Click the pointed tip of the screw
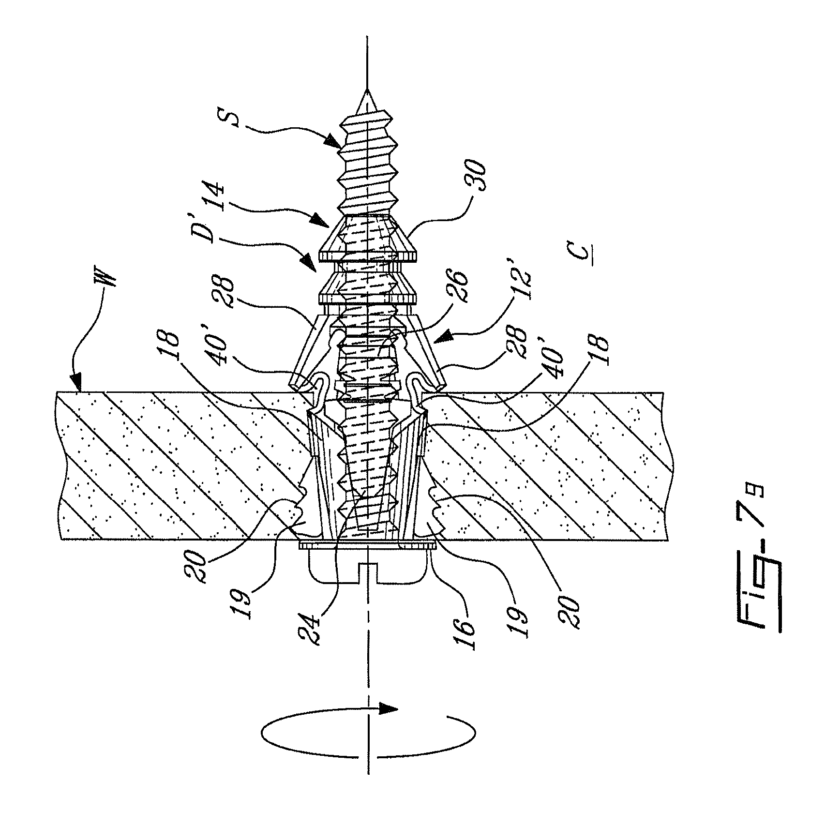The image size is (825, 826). coord(368,91)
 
